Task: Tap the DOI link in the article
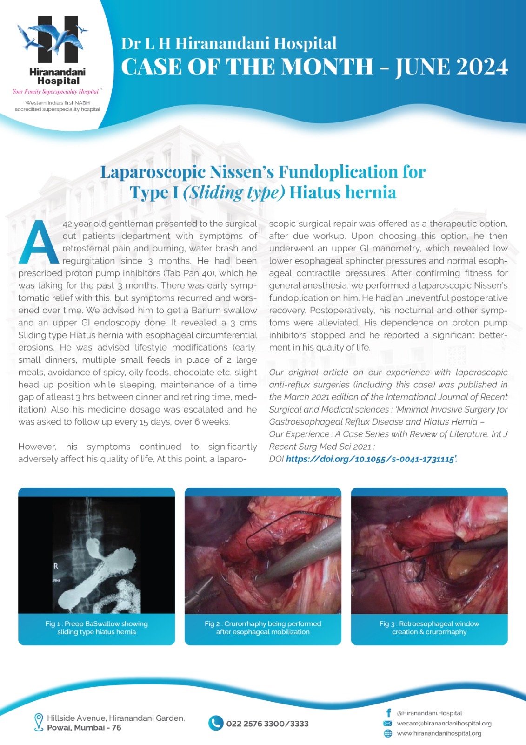(370, 459)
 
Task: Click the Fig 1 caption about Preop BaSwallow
(96, 628)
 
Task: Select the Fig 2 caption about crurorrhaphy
(263, 628)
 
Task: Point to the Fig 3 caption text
(429, 628)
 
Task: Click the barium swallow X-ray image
(96, 555)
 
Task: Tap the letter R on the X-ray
(56, 566)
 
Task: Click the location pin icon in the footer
(39, 722)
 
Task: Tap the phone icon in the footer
(215, 723)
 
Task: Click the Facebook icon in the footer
(388, 713)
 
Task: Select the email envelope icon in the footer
(387, 723)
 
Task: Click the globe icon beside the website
(387, 733)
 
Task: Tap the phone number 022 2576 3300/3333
(267, 724)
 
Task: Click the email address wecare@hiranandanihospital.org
(444, 723)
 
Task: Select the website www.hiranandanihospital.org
(439, 733)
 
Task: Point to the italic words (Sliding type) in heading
(233, 192)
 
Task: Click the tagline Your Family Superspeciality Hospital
(56, 92)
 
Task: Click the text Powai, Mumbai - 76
(84, 728)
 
